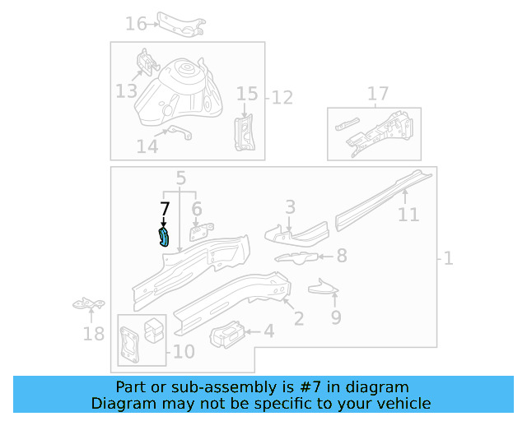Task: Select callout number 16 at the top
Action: (x=136, y=23)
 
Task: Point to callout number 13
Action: (x=126, y=90)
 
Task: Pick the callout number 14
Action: (x=147, y=146)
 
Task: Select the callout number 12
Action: (x=282, y=98)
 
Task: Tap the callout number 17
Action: (x=377, y=94)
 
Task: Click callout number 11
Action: (x=408, y=215)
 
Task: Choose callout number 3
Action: (x=290, y=206)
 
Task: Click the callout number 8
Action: (x=341, y=256)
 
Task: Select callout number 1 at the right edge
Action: (x=447, y=259)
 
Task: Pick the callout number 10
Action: (x=184, y=352)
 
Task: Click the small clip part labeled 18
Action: (x=86, y=305)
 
